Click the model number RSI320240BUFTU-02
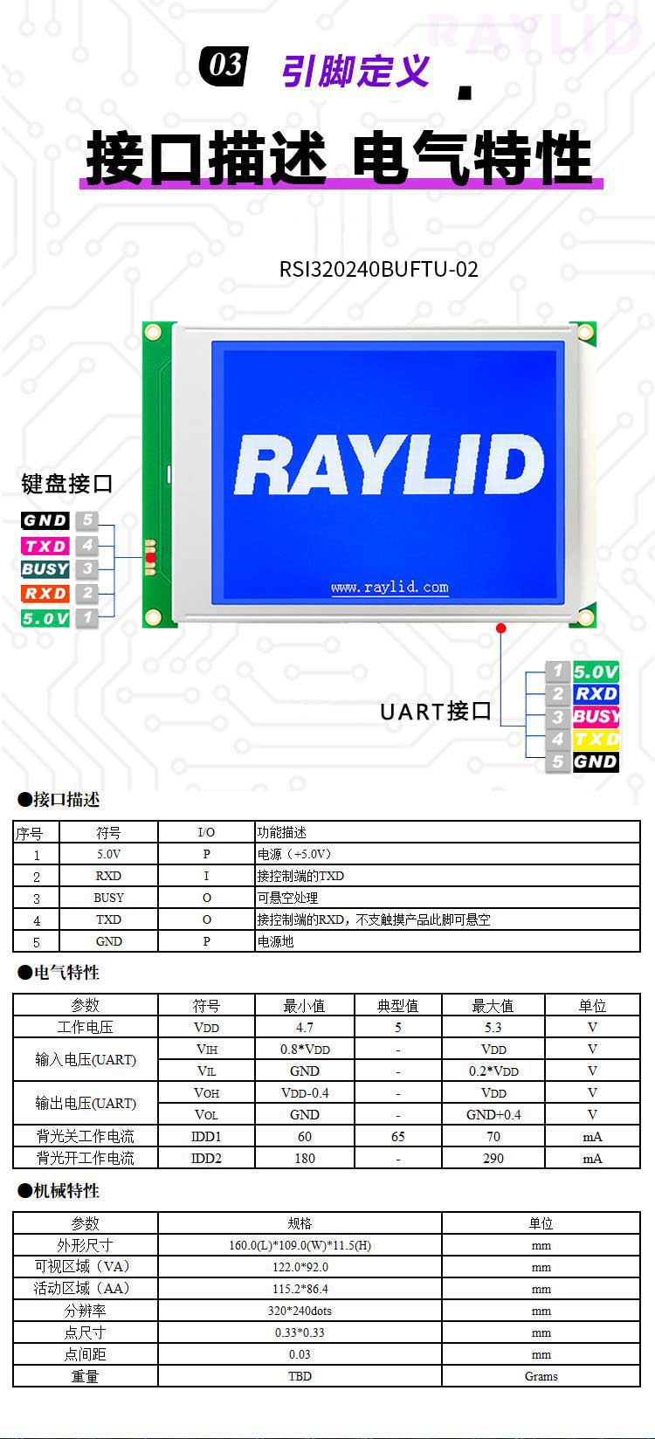379,269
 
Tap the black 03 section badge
224,65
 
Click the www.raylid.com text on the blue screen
390,587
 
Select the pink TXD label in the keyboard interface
45,546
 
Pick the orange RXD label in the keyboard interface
45,593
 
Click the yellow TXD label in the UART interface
596,739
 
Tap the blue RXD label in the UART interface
596,694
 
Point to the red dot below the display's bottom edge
501,628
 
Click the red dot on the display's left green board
150,557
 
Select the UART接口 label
436,712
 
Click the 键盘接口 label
67,484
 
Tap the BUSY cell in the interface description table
108,898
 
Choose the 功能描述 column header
282,832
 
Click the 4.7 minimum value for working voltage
305,1027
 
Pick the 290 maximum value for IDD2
493,1158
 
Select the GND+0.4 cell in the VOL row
493,1114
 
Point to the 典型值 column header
398,1005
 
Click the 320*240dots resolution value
300,1311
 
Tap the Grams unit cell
541,1376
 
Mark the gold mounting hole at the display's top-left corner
153,332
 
